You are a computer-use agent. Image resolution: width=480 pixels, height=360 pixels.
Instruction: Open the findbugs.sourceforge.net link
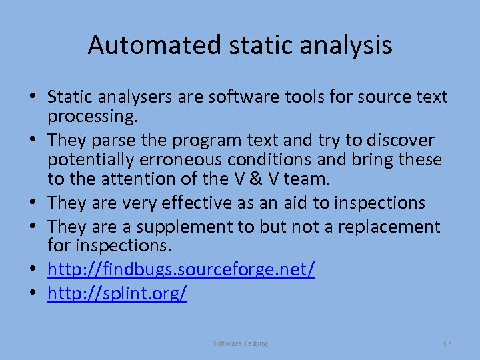pos(181,270)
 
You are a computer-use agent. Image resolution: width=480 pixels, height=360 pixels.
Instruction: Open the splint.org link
pos(117,294)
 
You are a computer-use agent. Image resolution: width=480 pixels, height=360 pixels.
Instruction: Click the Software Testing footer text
pos(240,343)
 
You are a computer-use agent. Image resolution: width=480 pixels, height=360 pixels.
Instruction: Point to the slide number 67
pos(447,343)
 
